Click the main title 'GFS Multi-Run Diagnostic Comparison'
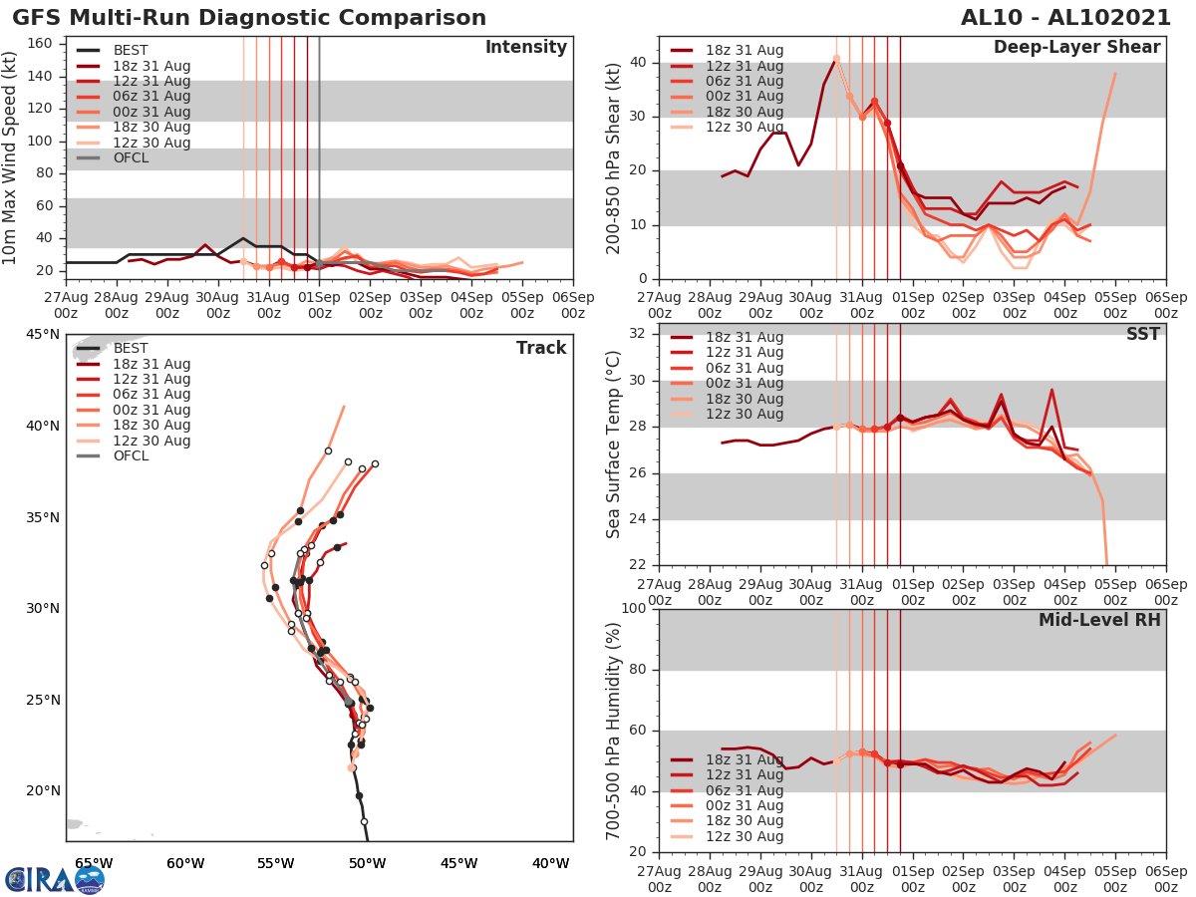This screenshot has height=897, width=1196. pos(249,18)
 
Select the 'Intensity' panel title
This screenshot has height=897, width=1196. pos(525,48)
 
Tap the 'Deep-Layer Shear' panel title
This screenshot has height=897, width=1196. pos(1076,48)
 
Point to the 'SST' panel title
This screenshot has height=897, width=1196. pos(1142,334)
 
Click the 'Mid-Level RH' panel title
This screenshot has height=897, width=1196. pos(1099,620)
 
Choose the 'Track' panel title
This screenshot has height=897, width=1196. pos(541,348)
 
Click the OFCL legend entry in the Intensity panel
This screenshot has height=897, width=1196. pos(131,157)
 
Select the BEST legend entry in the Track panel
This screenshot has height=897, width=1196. pos(131,348)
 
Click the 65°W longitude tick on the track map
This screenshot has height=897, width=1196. pos(93,863)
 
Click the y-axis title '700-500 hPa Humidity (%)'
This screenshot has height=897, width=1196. pos(614,730)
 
